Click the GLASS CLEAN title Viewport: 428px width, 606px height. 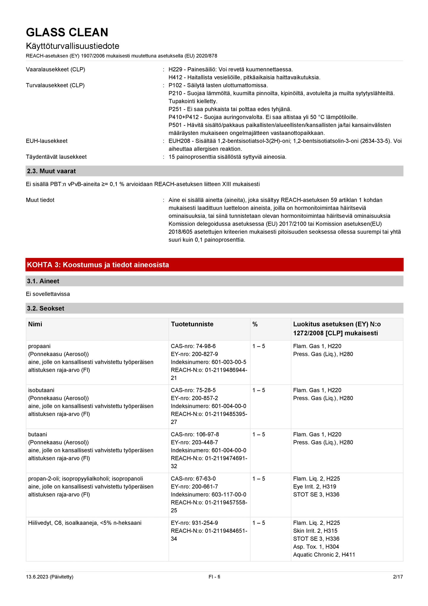tap(67, 32)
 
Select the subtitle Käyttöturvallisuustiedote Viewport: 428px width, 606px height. tap(73, 46)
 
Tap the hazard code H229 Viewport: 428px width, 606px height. tap(175, 69)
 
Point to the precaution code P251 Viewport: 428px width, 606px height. tap(175, 109)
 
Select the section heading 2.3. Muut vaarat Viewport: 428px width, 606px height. tap(51, 171)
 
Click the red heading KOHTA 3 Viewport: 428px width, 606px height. tap(98, 265)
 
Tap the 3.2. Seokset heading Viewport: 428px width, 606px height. tap(46, 308)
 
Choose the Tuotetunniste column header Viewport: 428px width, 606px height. tap(192, 324)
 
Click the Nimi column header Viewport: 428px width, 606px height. tap(35, 324)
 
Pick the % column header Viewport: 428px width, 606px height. tap(255, 324)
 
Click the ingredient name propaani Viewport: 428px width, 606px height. tap(39, 346)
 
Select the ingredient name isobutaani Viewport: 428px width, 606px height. tap(41, 390)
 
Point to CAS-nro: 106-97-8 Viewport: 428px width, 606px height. tap(195, 434)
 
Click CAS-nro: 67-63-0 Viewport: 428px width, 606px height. tap(193, 479)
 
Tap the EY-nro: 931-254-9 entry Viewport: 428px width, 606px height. tap(194, 523)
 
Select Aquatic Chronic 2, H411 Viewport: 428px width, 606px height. tap(324, 554)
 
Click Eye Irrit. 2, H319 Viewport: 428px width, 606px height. tap(315, 487)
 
